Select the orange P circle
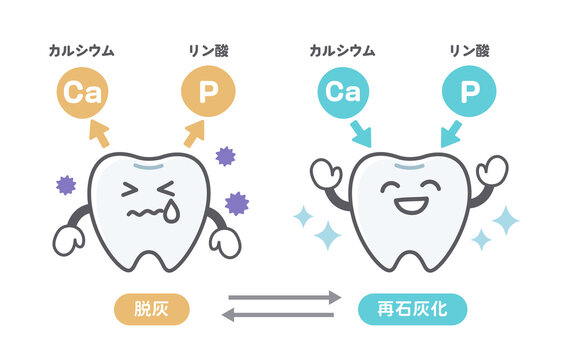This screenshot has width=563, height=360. point(208,93)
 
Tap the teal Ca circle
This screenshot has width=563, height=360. point(343,93)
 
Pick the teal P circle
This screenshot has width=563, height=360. point(469,93)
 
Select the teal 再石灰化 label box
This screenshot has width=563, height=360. point(411,307)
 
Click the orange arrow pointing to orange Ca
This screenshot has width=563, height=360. point(100,132)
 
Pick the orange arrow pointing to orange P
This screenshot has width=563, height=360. point(193,133)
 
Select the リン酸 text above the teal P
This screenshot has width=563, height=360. point(469,48)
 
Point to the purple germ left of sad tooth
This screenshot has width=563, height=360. point(66,184)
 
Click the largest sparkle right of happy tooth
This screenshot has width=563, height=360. point(508,219)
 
